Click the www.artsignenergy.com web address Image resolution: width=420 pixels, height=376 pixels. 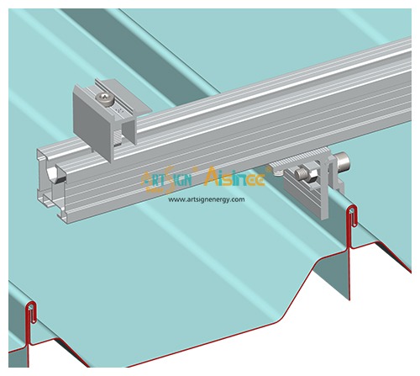tap(206, 199)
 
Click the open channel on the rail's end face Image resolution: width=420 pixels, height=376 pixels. tap(54, 174)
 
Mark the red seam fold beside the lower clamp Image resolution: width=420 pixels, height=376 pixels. tap(351, 220)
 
